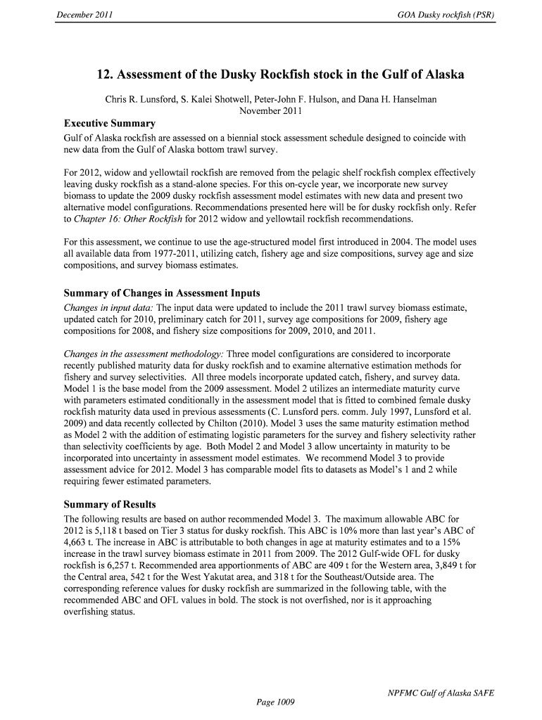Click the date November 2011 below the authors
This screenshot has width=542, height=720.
click(x=271, y=111)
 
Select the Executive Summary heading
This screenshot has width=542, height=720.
click(x=109, y=124)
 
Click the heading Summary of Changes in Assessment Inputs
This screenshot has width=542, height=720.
click(x=162, y=293)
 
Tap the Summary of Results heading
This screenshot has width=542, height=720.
click(x=110, y=504)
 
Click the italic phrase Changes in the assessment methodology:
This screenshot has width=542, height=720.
click(x=143, y=354)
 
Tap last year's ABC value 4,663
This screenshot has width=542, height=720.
click(x=77, y=543)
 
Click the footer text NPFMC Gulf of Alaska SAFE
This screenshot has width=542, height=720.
click(x=441, y=693)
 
